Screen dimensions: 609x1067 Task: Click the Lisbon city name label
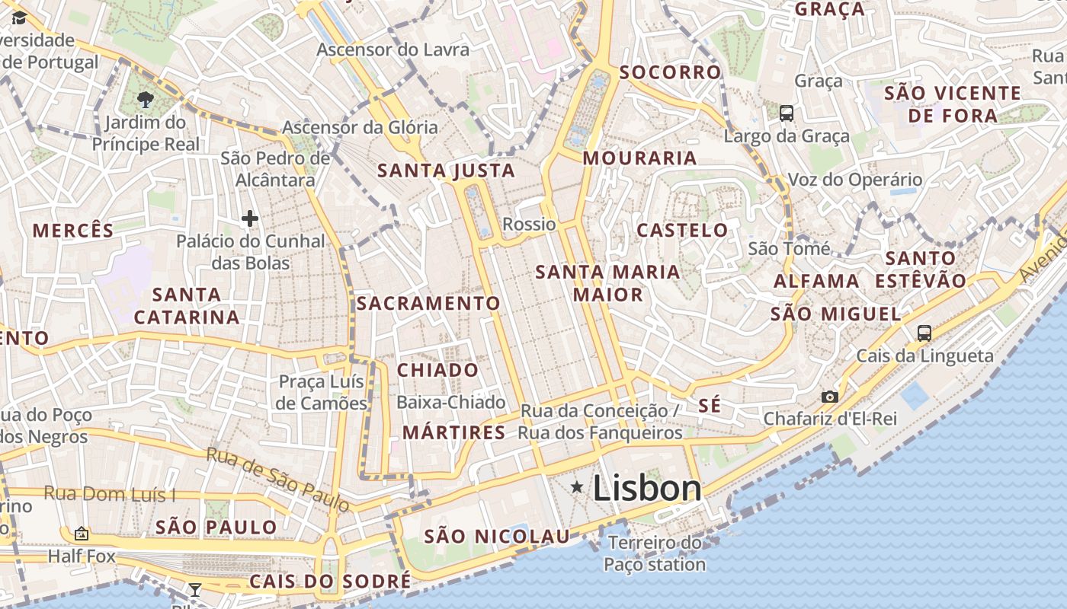pos(647,488)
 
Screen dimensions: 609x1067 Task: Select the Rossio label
pos(529,224)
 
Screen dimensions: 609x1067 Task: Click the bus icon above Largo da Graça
pos(787,113)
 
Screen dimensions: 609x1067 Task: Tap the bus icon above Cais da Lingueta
pos(924,333)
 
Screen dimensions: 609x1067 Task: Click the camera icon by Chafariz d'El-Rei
pos(830,397)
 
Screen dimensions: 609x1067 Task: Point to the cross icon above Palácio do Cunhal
pos(249,219)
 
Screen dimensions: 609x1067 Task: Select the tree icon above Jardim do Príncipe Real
pos(145,99)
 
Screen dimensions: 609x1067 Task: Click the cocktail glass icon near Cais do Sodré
pos(195,588)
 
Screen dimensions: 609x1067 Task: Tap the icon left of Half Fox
pos(82,534)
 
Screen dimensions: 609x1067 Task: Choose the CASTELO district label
pos(682,230)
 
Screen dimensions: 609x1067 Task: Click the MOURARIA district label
pos(639,158)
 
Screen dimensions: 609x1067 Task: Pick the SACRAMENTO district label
pos(428,303)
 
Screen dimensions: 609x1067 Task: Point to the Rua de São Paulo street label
pos(278,479)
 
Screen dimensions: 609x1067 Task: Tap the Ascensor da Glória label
pos(360,127)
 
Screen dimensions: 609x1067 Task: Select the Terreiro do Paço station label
pos(655,553)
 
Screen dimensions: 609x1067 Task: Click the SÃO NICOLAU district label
pos(497,537)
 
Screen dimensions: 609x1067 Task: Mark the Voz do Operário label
pos(854,180)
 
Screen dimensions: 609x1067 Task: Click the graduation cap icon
pos(19,18)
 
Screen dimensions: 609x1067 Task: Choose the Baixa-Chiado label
pos(451,402)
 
